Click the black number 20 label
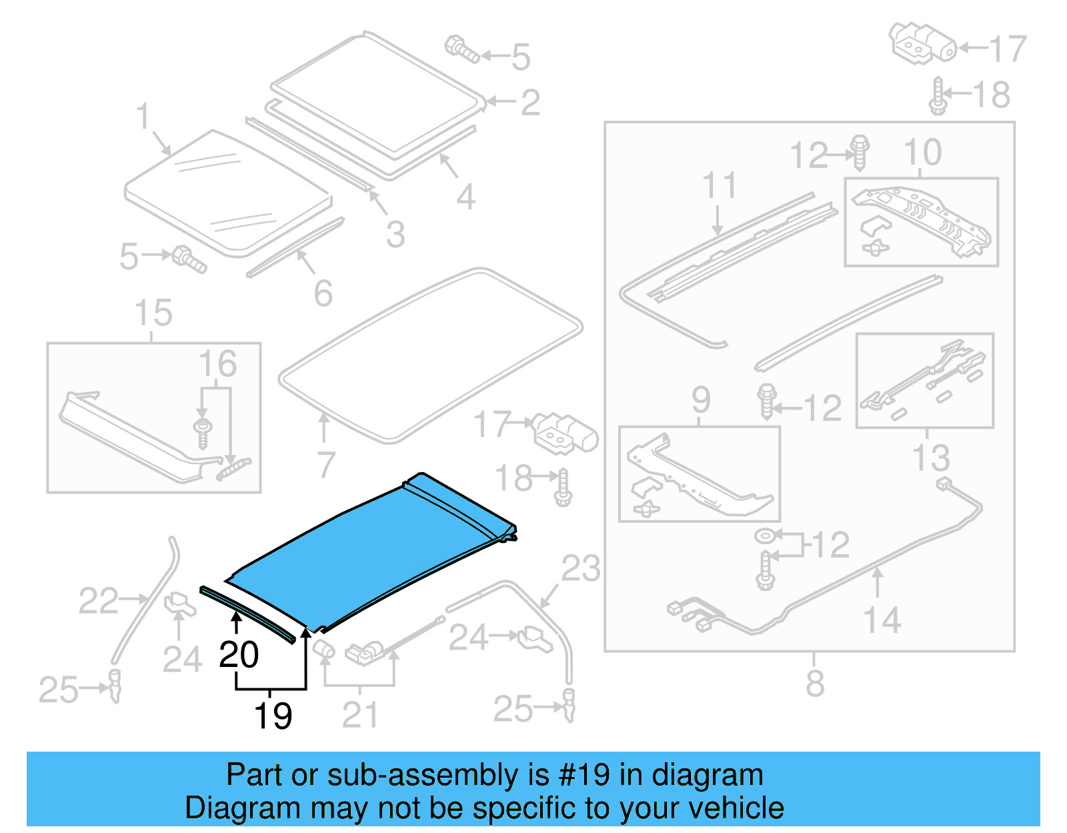click(239, 655)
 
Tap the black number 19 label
click(273, 716)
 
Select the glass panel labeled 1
click(227, 193)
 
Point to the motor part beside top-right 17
click(922, 44)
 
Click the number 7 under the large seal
click(325, 465)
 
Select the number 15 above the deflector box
click(153, 313)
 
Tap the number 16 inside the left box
click(217, 364)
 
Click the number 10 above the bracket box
click(922, 153)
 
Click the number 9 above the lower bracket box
click(700, 400)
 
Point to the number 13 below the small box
click(930, 458)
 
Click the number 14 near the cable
click(882, 620)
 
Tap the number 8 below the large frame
click(815, 684)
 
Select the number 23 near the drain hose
click(581, 569)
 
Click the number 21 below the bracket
click(360, 716)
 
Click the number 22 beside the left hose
click(98, 601)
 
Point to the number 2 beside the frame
click(530, 102)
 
